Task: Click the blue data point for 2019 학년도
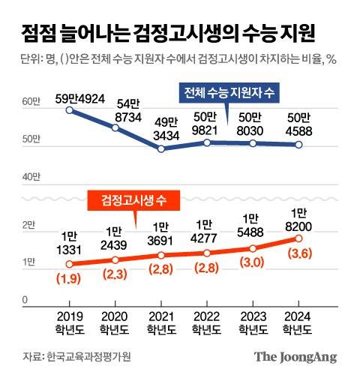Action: click(70, 110)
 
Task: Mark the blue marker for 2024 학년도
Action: click(298, 145)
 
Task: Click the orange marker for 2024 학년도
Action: click(298, 238)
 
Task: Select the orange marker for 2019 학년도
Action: click(70, 264)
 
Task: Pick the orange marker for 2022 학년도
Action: click(206, 253)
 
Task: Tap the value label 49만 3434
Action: click(160, 127)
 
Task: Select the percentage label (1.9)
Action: click(70, 279)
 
